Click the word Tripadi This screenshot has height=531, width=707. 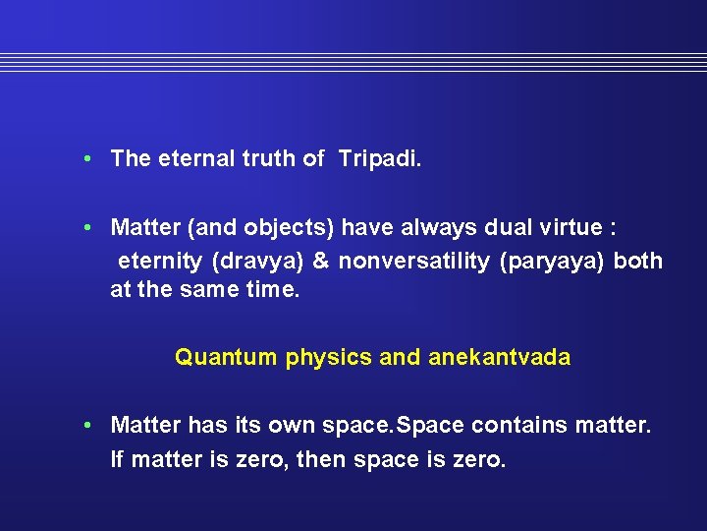(x=379, y=159)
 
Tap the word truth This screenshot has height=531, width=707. (x=269, y=158)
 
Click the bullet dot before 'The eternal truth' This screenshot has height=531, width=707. (x=88, y=158)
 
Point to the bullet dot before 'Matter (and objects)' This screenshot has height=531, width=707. (x=88, y=228)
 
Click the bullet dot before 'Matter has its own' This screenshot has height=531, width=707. (x=88, y=425)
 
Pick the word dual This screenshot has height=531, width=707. (x=510, y=228)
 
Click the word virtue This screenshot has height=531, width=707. (x=571, y=228)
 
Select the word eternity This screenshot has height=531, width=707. (x=157, y=262)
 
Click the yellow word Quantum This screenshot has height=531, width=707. (x=226, y=357)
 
